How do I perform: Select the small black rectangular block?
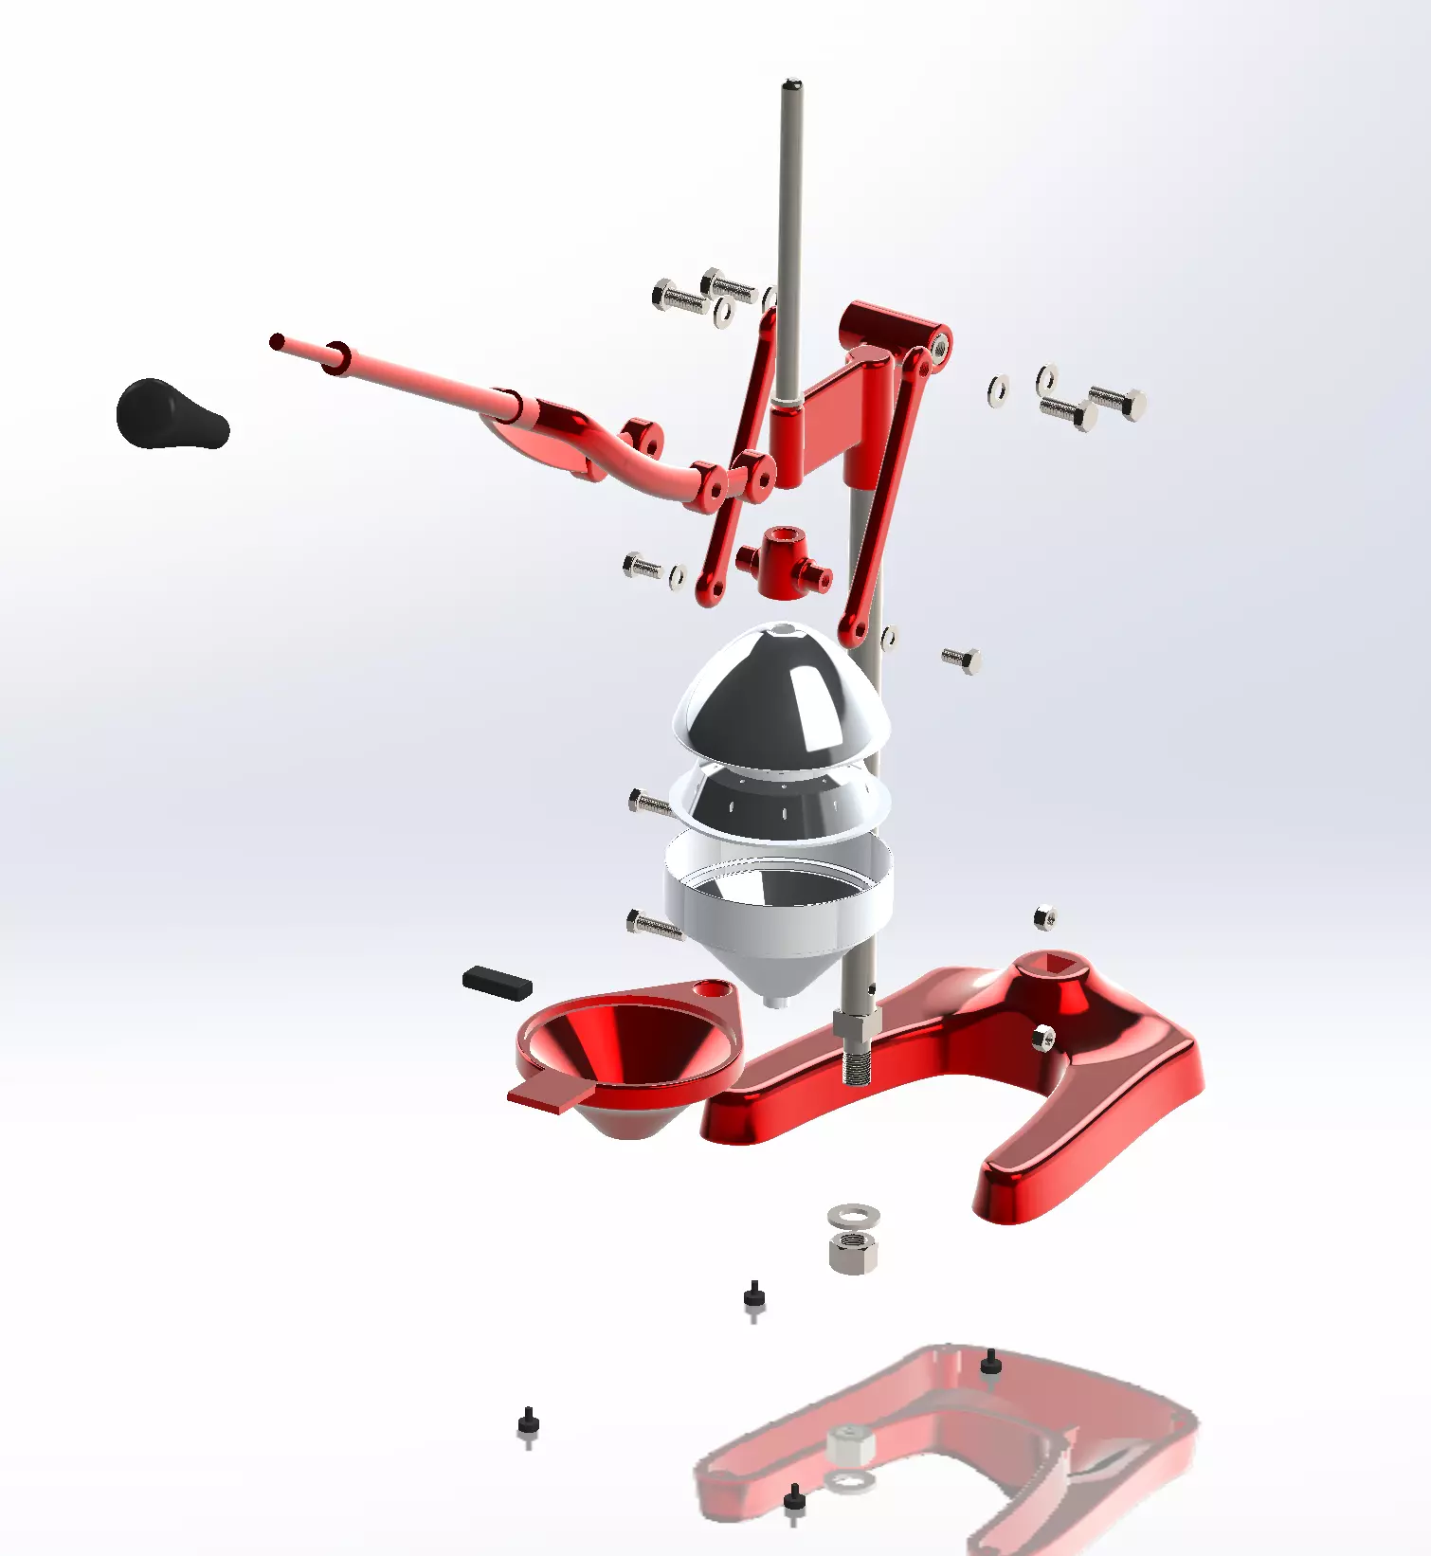pyautogui.click(x=497, y=982)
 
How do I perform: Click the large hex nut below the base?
pyautogui.click(x=853, y=1252)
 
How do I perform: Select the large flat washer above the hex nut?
pyautogui.click(x=853, y=1214)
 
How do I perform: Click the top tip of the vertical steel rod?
pyautogui.click(x=792, y=87)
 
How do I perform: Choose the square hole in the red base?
pyautogui.click(x=1059, y=968)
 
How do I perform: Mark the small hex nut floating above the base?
pyautogui.click(x=1044, y=916)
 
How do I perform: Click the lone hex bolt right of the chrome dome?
pyautogui.click(x=962, y=659)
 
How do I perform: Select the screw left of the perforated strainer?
pyautogui.click(x=648, y=804)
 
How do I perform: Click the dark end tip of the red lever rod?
pyautogui.click(x=277, y=341)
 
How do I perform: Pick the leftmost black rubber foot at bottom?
pyautogui.click(x=528, y=1420)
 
